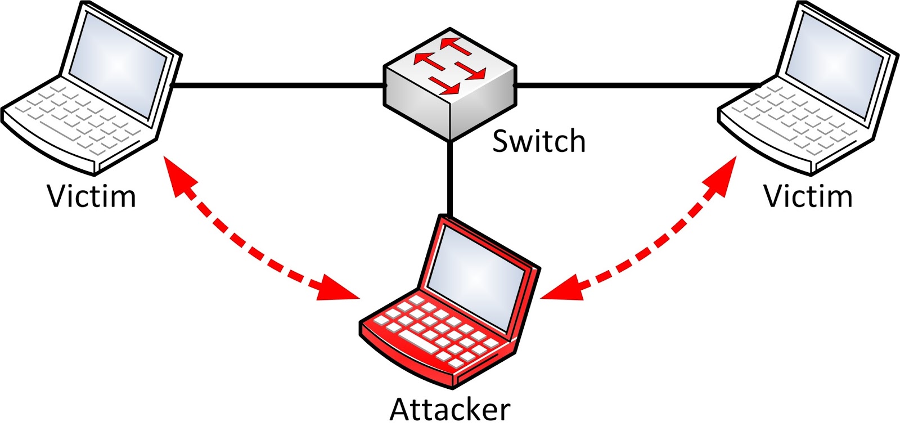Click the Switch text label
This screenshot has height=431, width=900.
click(538, 141)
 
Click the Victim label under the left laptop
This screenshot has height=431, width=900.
click(91, 196)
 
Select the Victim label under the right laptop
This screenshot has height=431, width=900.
click(808, 196)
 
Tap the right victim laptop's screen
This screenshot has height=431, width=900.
click(832, 65)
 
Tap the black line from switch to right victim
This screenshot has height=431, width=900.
click(636, 86)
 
